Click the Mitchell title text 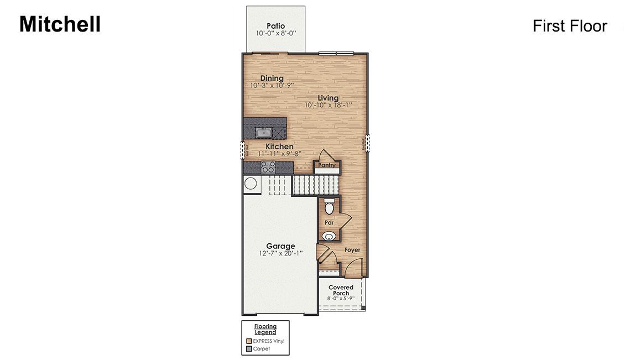pyautogui.click(x=60, y=24)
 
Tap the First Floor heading pyautogui.click(x=570, y=26)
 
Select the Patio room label pyautogui.click(x=275, y=25)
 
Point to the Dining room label pyautogui.click(x=272, y=79)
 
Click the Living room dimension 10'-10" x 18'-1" pyautogui.click(x=328, y=105)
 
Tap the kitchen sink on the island pyautogui.click(x=264, y=132)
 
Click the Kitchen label pyautogui.click(x=279, y=147)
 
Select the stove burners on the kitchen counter pyautogui.click(x=268, y=167)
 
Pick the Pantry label pyautogui.click(x=327, y=165)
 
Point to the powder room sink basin pyautogui.click(x=330, y=236)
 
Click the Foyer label pyautogui.click(x=352, y=250)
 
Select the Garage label pyautogui.click(x=280, y=246)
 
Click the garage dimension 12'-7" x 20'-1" pyautogui.click(x=280, y=254)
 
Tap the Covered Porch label pyautogui.click(x=341, y=290)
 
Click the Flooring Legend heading pyautogui.click(x=265, y=329)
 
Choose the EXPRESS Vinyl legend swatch pyautogui.click(x=249, y=341)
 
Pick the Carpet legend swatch pyautogui.click(x=249, y=349)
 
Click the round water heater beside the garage pyautogui.click(x=251, y=184)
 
